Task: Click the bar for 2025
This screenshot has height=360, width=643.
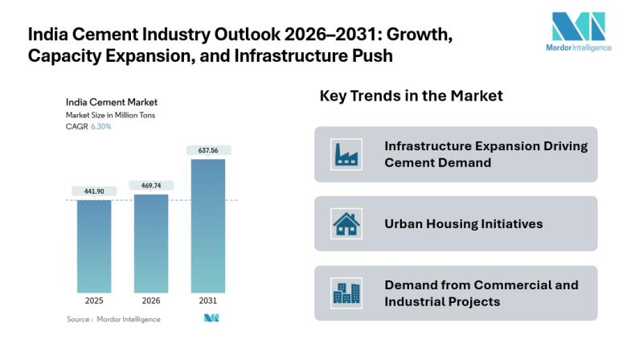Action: (x=95, y=245)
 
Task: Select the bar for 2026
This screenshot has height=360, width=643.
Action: (x=151, y=243)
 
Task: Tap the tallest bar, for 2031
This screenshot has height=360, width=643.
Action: (x=208, y=225)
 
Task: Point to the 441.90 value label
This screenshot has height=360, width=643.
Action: (x=95, y=191)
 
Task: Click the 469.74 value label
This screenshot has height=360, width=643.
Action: (x=151, y=186)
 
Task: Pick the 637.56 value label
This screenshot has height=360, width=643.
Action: (x=208, y=150)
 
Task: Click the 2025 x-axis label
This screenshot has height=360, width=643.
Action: (x=95, y=301)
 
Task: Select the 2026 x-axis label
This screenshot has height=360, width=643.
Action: (x=151, y=301)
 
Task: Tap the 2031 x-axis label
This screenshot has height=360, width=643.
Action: (x=208, y=301)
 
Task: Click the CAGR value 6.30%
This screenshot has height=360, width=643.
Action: (x=100, y=126)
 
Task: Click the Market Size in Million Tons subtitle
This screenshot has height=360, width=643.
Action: (x=110, y=115)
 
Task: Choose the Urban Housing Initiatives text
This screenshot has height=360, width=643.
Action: (x=464, y=223)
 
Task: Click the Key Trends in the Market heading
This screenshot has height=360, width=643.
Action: (x=412, y=96)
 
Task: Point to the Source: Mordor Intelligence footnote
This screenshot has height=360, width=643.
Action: (x=113, y=319)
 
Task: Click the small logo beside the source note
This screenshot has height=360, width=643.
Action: (x=211, y=319)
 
